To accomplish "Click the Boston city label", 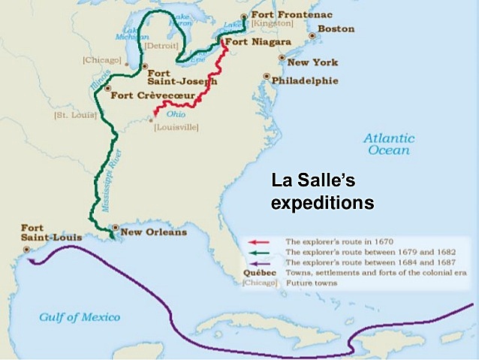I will click(336, 29).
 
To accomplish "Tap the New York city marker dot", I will click(282, 58).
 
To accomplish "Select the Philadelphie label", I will click(305, 80).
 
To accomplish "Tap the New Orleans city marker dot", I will click(115, 227).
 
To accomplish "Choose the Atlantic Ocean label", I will click(388, 144).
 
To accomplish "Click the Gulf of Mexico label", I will click(79, 316).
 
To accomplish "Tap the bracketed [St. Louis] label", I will click(71, 116).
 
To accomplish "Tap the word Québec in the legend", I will click(254, 273).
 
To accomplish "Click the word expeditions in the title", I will click(322, 203).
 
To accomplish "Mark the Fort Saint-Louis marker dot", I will click(27, 249).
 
